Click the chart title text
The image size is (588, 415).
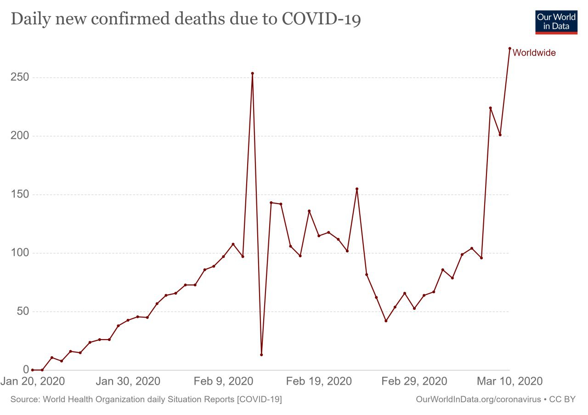click(x=186, y=19)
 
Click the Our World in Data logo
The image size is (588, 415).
click(x=556, y=21)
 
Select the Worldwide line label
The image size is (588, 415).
click(x=534, y=53)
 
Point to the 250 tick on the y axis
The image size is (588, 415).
click(x=20, y=77)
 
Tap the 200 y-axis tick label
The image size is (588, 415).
click(x=20, y=136)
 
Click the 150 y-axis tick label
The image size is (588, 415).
click(x=20, y=194)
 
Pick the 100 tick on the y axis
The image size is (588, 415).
click(x=20, y=253)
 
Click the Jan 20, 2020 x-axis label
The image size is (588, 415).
click(x=33, y=381)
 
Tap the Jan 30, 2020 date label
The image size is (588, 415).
click(x=128, y=381)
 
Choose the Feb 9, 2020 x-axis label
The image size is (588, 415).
click(x=223, y=381)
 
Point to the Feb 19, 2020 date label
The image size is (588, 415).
click(x=318, y=381)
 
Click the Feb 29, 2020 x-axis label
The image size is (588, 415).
click(x=414, y=381)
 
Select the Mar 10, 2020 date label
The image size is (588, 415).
click(x=509, y=381)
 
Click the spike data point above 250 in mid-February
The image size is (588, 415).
click(x=252, y=73)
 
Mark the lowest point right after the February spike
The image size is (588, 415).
click(x=261, y=354)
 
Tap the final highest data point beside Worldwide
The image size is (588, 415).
click(x=509, y=48)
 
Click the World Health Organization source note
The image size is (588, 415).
click(x=146, y=399)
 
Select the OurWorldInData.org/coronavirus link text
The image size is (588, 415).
click(x=478, y=399)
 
